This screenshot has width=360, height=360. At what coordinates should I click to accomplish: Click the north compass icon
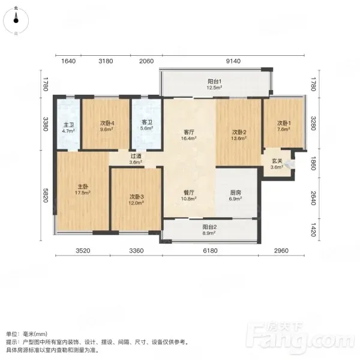16,20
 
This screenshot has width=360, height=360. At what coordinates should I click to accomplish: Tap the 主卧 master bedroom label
83,187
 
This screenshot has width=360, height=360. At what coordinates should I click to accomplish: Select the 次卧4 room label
107,123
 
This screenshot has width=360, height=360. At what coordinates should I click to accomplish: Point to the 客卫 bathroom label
147,122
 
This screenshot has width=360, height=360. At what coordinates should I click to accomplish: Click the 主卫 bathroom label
68,125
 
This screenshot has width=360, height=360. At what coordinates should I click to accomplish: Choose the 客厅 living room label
189,132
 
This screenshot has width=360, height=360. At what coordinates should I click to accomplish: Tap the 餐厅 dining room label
189,193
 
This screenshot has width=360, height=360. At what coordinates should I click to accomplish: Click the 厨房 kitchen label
236,193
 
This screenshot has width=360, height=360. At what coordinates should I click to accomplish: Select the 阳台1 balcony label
215,82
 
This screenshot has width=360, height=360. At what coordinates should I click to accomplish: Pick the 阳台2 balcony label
209,227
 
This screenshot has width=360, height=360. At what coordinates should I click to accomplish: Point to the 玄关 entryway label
277,161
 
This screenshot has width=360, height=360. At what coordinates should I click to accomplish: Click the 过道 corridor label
136,156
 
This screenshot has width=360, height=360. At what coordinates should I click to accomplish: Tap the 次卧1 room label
284,123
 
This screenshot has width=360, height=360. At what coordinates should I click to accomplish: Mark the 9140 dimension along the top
233,61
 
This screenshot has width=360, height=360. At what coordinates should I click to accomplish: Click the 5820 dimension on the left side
46,196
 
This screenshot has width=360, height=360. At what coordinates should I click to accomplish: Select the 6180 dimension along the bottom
211,251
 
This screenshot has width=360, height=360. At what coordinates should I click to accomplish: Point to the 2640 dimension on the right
314,198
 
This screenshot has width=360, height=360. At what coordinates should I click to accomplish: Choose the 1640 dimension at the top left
68,61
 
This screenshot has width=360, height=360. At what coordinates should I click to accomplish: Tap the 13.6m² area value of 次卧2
239,138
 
